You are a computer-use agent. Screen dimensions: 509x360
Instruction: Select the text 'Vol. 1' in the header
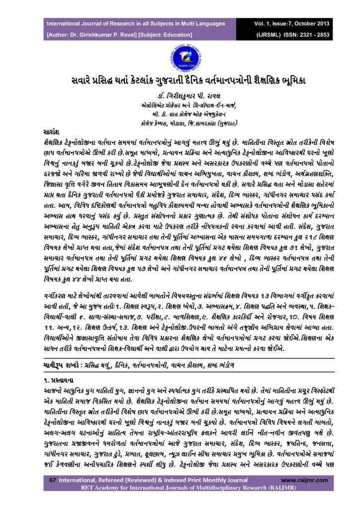click(264, 24)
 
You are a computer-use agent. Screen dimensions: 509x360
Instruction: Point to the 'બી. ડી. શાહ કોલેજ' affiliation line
click(180, 114)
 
